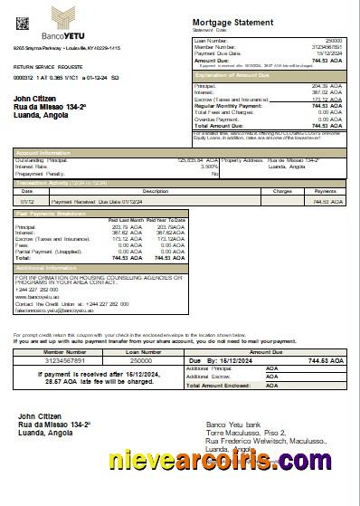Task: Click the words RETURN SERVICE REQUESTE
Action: [x=48, y=67]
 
